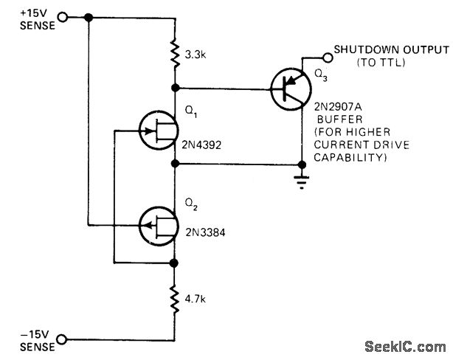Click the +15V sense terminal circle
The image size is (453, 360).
click(61, 18)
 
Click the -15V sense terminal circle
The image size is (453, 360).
click(61, 339)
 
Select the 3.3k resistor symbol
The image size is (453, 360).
click(176, 54)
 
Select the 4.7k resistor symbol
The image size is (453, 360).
click(176, 301)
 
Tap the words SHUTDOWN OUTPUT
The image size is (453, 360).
click(391, 49)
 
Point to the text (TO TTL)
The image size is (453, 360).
click(382, 63)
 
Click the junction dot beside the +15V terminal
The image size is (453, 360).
click(89, 18)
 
